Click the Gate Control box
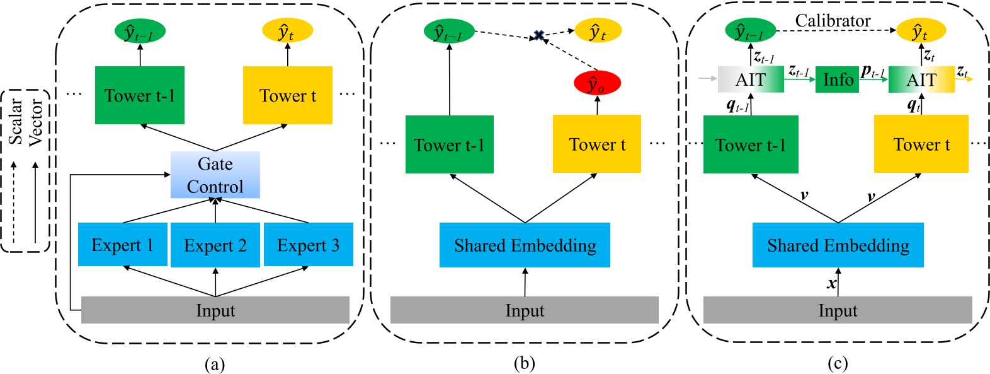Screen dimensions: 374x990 (215, 175)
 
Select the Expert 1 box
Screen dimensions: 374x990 (123, 245)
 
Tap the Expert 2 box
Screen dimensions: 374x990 (215, 245)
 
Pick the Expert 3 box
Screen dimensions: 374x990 (309, 245)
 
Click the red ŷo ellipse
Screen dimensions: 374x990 (597, 83)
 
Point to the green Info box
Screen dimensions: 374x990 (837, 80)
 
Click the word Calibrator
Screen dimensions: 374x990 (833, 21)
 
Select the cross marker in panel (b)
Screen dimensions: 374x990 (538, 36)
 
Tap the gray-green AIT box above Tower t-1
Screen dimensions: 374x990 (751, 80)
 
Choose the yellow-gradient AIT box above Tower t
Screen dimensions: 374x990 (921, 80)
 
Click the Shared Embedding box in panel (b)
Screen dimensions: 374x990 (525, 245)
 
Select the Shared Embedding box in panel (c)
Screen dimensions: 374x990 (838, 245)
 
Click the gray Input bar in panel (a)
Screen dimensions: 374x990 (215, 310)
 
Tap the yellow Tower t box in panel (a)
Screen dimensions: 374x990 (288, 95)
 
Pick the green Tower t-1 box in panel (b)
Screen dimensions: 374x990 (449, 144)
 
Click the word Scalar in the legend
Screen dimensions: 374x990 (16, 120)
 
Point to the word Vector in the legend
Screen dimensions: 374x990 (36, 122)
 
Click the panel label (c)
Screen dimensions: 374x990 (838, 363)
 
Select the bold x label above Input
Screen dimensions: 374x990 (832, 284)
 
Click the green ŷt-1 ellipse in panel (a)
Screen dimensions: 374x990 (140, 31)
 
